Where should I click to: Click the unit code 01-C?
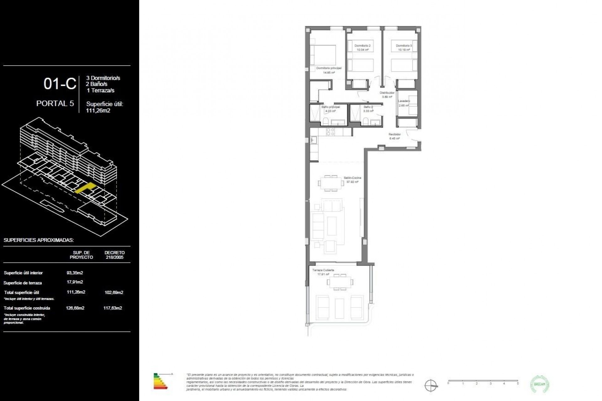click(x=60, y=84)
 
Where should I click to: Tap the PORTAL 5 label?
click(x=55, y=103)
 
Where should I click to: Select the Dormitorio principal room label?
click(x=329, y=68)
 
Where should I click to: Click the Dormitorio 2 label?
click(x=362, y=46)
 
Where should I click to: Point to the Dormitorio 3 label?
click(x=404, y=46)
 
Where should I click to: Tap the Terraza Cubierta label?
click(x=323, y=270)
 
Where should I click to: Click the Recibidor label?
click(x=394, y=134)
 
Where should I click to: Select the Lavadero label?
click(x=404, y=101)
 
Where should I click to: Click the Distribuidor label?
click(x=387, y=93)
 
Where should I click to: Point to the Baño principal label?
click(x=330, y=107)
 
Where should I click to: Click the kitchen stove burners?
click(x=330, y=132)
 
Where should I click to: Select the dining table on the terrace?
click(x=340, y=282)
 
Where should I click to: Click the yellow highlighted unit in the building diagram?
click(x=85, y=188)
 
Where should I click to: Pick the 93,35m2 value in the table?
click(x=75, y=273)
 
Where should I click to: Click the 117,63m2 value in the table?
click(x=113, y=308)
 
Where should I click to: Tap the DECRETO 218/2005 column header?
click(x=114, y=255)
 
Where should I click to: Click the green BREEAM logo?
click(x=540, y=384)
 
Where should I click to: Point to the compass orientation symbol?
click(x=431, y=385)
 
